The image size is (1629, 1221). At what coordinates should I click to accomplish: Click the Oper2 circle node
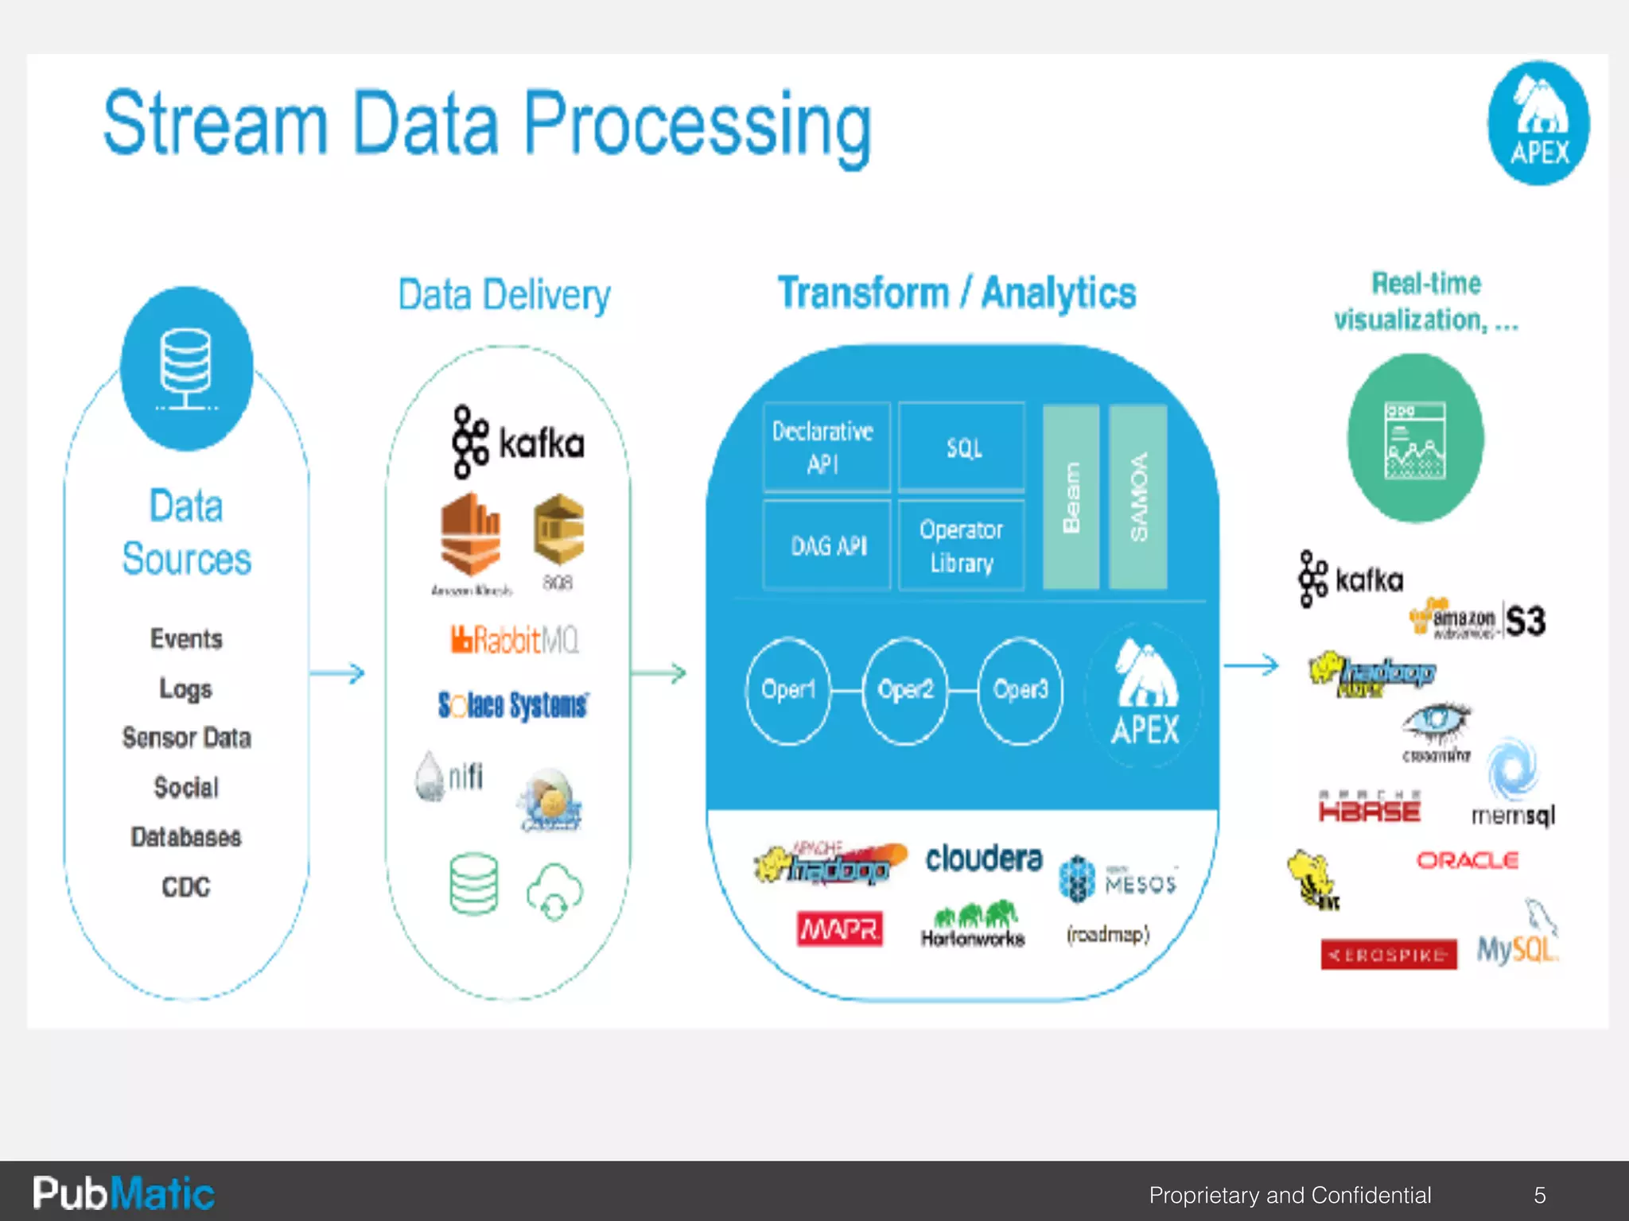905,690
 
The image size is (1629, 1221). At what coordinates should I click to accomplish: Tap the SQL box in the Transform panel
962,448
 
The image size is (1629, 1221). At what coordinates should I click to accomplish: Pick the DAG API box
827,545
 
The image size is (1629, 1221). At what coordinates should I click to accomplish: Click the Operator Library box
962,545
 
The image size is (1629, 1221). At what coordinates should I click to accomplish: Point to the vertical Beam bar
1071,497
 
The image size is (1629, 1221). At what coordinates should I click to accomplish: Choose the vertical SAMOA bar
1138,497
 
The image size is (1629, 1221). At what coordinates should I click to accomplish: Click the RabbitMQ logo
515,640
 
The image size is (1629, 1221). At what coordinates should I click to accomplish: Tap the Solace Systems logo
513,705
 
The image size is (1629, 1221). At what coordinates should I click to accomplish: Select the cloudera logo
984,859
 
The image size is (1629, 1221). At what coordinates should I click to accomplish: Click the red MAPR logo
839,929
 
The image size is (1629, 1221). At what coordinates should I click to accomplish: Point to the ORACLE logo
1468,860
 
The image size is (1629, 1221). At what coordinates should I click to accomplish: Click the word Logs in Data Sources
186,688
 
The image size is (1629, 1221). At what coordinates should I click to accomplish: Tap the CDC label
186,886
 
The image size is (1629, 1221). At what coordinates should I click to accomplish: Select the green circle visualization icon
1415,439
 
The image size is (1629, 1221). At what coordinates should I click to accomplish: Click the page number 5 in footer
1540,1195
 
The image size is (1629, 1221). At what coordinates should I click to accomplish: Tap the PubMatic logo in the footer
123,1193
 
